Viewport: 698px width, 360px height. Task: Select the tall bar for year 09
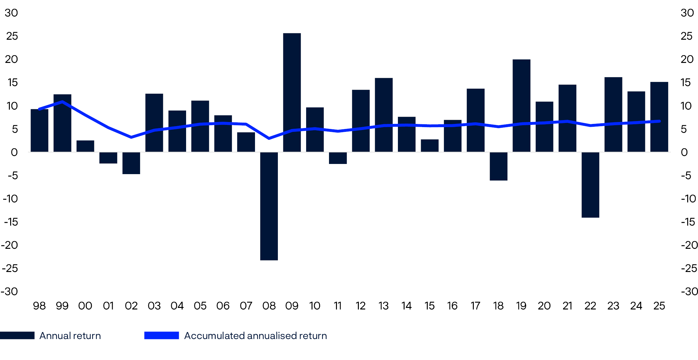[292, 92]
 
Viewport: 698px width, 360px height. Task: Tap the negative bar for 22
[590, 185]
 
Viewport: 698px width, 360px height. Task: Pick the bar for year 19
[521, 105]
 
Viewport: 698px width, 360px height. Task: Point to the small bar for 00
[85, 146]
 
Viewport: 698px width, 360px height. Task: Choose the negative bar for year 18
[499, 166]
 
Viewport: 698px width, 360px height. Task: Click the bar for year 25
[659, 117]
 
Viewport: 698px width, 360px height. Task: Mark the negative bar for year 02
[131, 163]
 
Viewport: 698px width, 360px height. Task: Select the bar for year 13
[384, 115]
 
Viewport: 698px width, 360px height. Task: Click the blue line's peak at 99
[62, 102]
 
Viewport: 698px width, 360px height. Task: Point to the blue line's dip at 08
[269, 139]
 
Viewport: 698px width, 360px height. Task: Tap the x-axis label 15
[429, 306]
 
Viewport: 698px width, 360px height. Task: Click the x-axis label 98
[39, 306]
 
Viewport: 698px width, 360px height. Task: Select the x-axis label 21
[567, 306]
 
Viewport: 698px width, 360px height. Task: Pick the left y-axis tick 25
[12, 36]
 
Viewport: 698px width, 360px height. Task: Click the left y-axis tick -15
[11, 222]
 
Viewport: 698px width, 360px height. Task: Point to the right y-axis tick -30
[689, 291]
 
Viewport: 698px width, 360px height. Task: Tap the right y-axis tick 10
[686, 106]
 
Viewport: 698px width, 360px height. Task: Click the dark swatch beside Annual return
[17, 336]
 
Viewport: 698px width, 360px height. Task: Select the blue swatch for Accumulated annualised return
[161, 336]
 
